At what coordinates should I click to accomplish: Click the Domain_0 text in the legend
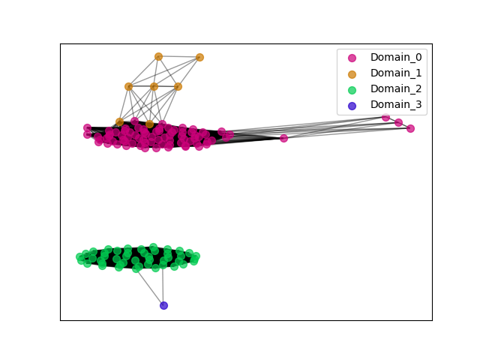point(396,57)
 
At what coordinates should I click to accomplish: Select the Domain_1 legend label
point(396,73)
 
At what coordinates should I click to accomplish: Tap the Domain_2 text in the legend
point(396,88)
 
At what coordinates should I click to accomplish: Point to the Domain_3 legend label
point(396,105)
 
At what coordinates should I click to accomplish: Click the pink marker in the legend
point(352,58)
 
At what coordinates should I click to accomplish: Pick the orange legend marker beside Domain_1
point(352,74)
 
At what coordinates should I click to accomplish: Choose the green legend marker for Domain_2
point(352,90)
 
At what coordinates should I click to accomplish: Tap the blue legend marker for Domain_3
point(352,106)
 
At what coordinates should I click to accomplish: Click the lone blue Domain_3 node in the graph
point(163,305)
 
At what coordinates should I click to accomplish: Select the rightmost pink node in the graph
point(410,128)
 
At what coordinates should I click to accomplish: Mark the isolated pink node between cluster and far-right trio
point(283,138)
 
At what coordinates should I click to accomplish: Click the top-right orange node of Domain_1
point(199,57)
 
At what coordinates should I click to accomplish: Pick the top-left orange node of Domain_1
point(158,56)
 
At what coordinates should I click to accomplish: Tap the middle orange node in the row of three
point(154,87)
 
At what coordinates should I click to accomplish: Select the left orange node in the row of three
point(128,87)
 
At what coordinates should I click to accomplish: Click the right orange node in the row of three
point(178,87)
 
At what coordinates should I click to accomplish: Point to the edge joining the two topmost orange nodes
point(179,57)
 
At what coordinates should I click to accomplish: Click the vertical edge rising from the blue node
point(163,285)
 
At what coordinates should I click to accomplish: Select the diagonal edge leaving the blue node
point(150,287)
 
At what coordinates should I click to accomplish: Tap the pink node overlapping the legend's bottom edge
point(385,117)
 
